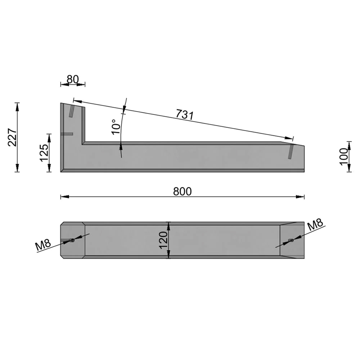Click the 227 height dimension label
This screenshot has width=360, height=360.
(x=12, y=137)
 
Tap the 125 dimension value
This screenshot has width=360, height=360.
(x=44, y=153)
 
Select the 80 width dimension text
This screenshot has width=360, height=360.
(x=73, y=80)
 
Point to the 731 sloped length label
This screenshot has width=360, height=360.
(x=185, y=114)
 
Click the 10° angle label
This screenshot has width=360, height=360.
(x=116, y=126)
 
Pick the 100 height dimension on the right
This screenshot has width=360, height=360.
(x=344, y=156)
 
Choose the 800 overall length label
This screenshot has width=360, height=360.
(x=182, y=191)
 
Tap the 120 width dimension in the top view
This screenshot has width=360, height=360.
(x=163, y=240)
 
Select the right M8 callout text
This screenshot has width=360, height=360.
(x=315, y=225)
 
